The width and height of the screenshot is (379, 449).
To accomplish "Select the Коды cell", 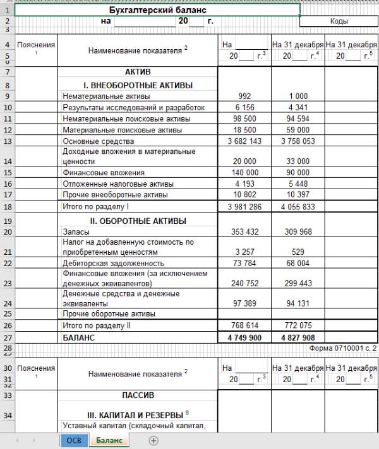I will click(339, 21).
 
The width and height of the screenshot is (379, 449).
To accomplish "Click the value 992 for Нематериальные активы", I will click(244, 96).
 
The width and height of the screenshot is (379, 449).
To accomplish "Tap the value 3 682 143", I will click(244, 141).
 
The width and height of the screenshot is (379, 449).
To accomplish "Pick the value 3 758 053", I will click(298, 141).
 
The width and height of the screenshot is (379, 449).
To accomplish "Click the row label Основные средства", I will click(98, 141).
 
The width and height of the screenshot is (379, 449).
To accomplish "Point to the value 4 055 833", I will click(298, 207).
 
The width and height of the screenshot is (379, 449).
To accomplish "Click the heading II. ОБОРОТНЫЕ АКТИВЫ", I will click(137, 221).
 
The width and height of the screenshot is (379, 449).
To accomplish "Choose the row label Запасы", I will click(76, 232).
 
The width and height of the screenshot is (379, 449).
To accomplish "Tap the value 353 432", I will click(244, 232).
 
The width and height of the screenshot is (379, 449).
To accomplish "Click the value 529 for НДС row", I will click(298, 252).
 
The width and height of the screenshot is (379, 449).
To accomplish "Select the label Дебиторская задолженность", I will click(113, 263).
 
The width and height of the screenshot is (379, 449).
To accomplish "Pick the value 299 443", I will click(298, 283).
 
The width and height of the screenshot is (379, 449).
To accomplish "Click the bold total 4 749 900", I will click(244, 338).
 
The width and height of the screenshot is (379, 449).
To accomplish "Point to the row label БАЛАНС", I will click(79, 338).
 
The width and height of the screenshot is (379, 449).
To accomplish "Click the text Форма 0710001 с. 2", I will click(342, 348).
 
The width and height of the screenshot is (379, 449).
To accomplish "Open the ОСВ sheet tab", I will click(73, 441).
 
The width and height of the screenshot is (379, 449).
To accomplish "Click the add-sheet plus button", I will click(153, 441).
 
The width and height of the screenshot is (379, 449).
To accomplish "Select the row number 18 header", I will click(7, 207).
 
